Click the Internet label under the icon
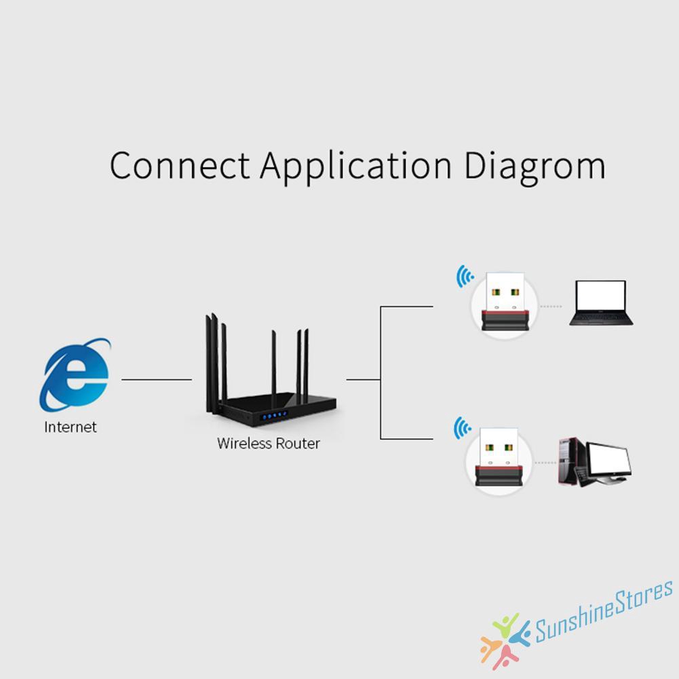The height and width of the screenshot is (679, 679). [x=71, y=427]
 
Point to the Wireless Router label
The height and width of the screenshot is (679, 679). [x=268, y=444]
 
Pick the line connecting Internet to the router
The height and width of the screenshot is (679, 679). [x=157, y=379]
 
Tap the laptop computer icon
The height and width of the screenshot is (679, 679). [x=601, y=303]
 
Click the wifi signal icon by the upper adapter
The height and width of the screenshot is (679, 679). [x=465, y=277]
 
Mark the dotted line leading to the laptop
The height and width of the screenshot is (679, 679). [x=551, y=306]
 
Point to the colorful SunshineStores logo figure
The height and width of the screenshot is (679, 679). [x=504, y=640]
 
